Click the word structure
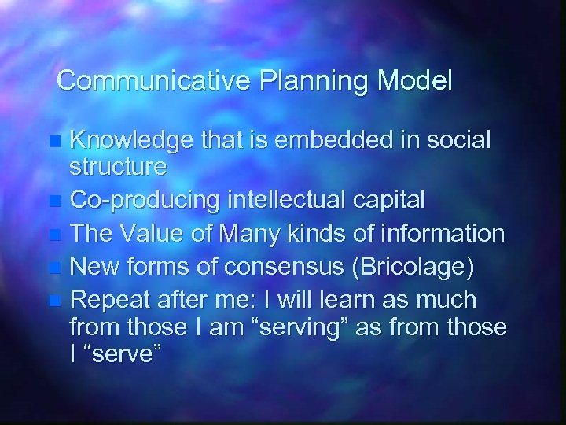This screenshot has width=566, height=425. pos(118,167)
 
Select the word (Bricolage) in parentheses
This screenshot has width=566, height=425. pos(414,267)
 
